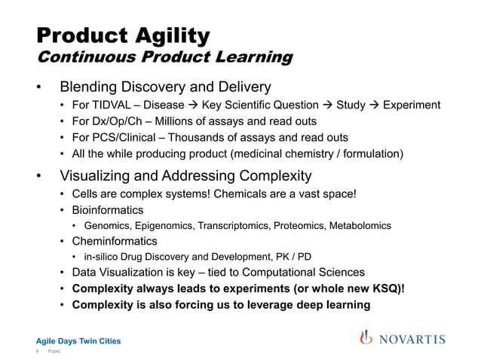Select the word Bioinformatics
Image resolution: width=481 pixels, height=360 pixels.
click(108, 209)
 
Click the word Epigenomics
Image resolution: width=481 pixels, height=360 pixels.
click(167, 225)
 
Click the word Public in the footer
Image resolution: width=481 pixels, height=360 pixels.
click(54, 352)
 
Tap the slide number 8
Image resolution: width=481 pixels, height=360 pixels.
click(38, 352)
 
